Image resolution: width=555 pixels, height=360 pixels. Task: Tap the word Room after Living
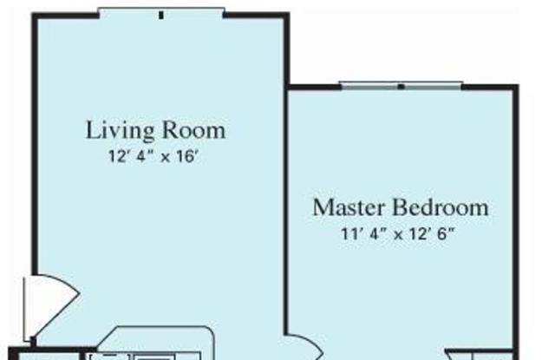194,130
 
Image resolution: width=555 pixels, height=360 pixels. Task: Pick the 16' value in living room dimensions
186,156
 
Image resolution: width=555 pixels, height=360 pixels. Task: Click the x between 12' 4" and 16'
166,158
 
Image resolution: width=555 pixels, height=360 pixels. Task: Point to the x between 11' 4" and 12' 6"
399,235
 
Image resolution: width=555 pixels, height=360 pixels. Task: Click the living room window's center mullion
161,15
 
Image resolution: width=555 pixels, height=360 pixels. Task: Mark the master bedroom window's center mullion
401,87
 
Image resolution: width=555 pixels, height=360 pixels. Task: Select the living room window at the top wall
161,13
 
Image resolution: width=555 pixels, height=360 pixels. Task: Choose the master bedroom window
401,86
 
